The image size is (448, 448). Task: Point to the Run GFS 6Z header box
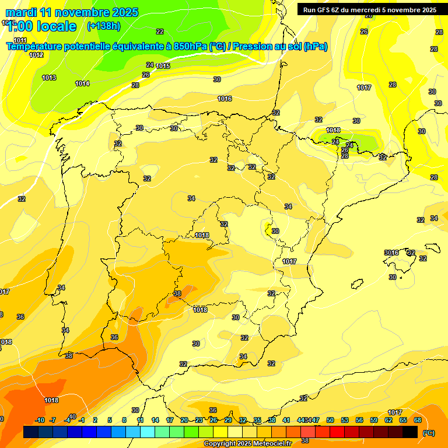pos(370,9)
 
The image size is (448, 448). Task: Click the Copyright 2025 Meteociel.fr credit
pos(247,443)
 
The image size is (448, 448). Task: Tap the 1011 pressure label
pos(20,40)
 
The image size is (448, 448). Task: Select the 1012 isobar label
pos(36,55)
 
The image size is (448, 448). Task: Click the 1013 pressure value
pos(49,78)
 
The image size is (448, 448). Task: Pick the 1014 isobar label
pos(82,83)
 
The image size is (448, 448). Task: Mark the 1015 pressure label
pos(163,66)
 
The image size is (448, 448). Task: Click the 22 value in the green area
pos(160,32)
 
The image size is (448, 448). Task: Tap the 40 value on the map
pos(72,416)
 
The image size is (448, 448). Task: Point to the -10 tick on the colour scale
pos(40,420)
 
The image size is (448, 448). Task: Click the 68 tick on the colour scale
pos(418,420)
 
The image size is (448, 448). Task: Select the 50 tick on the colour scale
pos(330,420)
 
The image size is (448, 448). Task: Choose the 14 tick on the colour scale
pos(155,420)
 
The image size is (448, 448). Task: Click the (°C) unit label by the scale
pos(429,432)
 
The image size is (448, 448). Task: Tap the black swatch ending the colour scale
pos(410,432)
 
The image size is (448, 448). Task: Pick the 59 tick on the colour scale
pos(374,420)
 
